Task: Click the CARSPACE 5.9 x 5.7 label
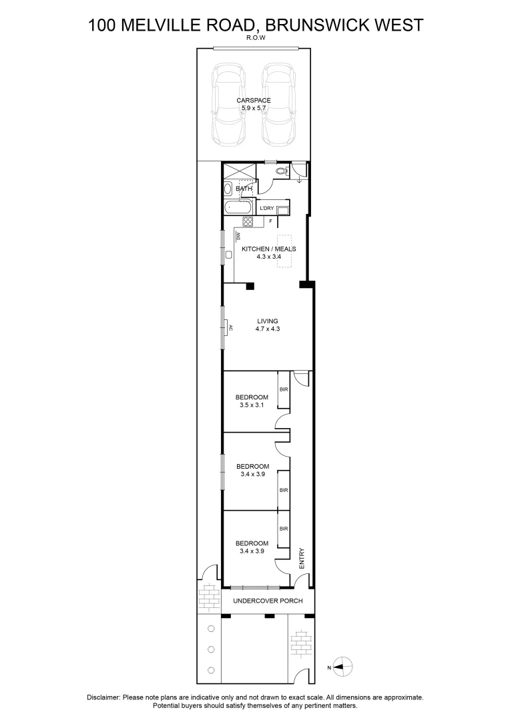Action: (254, 104)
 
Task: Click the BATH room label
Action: (244, 189)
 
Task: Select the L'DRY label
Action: (267, 208)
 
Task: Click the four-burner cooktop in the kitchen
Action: (248, 222)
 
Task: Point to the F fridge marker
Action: (270, 221)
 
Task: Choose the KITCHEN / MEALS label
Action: (268, 253)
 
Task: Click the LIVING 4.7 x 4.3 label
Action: (267, 325)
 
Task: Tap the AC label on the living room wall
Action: (231, 328)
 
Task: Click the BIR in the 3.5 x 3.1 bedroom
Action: (284, 389)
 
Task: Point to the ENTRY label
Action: (302, 558)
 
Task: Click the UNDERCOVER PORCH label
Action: (267, 601)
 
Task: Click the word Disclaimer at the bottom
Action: (103, 697)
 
